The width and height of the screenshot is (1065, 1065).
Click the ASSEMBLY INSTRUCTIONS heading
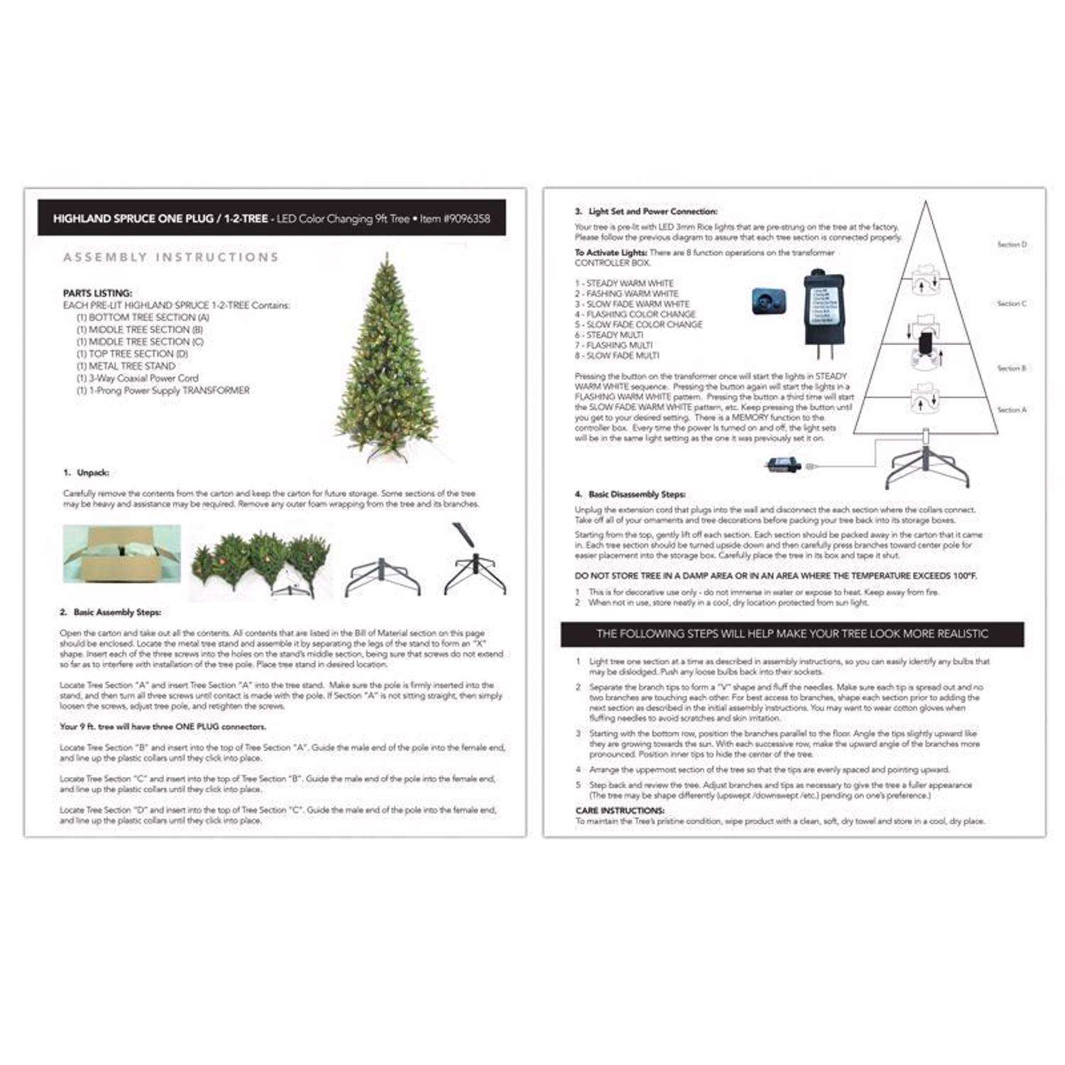click(x=170, y=257)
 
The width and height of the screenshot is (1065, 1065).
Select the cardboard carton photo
click(x=121, y=554)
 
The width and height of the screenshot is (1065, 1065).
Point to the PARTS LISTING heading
click(x=97, y=293)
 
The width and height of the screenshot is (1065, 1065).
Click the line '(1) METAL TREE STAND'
click(x=126, y=366)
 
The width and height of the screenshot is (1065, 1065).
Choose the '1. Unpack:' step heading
click(x=86, y=473)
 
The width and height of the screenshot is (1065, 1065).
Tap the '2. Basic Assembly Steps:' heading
click(x=110, y=612)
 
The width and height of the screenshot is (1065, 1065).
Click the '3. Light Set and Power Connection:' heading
click(x=646, y=212)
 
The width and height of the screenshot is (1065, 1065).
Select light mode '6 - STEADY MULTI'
click(x=609, y=335)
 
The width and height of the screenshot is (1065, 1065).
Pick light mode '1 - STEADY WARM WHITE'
click(x=624, y=283)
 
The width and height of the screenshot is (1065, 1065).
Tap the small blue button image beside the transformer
click(x=769, y=302)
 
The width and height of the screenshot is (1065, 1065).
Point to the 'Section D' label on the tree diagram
click(x=1012, y=244)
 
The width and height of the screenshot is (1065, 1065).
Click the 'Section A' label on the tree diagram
click(x=1012, y=410)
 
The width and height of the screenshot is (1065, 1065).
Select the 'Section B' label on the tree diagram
click(x=1012, y=368)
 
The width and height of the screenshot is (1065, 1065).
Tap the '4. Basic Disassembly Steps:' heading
click(x=630, y=494)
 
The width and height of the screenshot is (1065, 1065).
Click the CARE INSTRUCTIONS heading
click(x=620, y=810)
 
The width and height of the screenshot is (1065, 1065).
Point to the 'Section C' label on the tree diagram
click(x=1012, y=303)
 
